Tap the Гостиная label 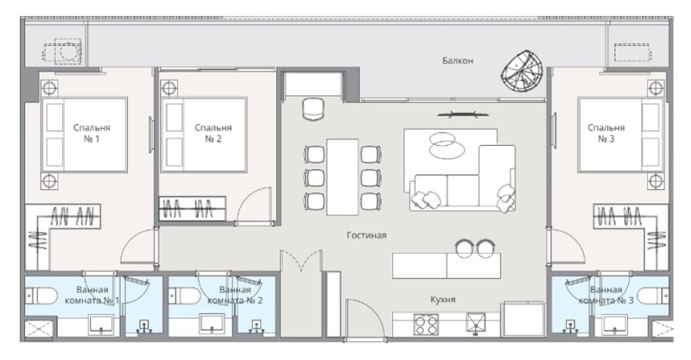tap(367, 234)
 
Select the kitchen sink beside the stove tap(474, 325)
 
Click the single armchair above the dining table tap(312, 110)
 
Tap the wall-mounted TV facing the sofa tap(459, 112)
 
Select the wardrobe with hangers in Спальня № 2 tap(192, 208)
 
